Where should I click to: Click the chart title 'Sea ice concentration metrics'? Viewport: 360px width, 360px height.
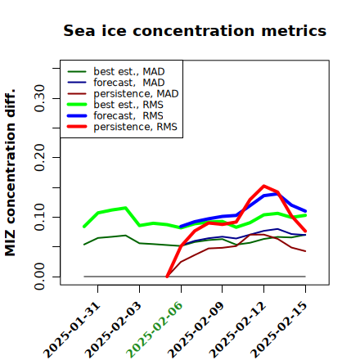pyautogui.click(x=195, y=30)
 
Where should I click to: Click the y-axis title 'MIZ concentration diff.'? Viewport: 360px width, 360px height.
pyautogui.click(x=10, y=173)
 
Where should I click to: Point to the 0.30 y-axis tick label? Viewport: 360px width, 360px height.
pyautogui.click(x=39, y=98)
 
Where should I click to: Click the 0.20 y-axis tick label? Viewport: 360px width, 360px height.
pyautogui.click(x=39, y=157)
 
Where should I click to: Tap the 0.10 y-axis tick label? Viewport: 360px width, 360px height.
pyautogui.click(x=39, y=217)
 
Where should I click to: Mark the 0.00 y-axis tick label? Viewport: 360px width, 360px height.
pyautogui.click(x=39, y=277)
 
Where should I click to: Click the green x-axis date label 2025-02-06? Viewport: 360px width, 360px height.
pyautogui.click(x=155, y=330)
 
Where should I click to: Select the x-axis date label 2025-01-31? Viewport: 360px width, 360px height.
pyautogui.click(x=72, y=330)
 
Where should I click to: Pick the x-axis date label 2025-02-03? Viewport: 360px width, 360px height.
pyautogui.click(x=113, y=330)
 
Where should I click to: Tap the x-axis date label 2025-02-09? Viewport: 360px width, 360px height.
pyautogui.click(x=196, y=330)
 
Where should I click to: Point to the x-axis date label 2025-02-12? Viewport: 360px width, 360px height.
pyautogui.click(x=237, y=330)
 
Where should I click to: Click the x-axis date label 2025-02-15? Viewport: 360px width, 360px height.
pyautogui.click(x=279, y=330)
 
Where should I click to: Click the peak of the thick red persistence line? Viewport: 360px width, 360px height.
pyautogui.click(x=263, y=186)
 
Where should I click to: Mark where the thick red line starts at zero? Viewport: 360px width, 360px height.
pyautogui.click(x=167, y=277)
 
